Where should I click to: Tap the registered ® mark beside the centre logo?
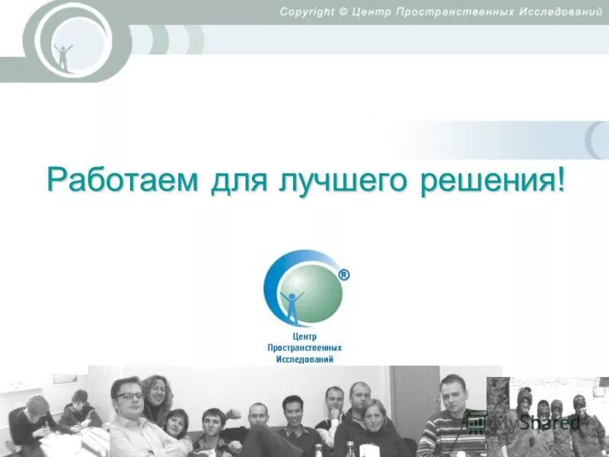point(343,276)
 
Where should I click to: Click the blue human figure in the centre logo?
point(292,303)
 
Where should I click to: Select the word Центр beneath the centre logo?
point(304,336)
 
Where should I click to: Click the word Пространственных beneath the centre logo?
point(304,347)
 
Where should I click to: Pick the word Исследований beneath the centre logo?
point(304,359)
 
